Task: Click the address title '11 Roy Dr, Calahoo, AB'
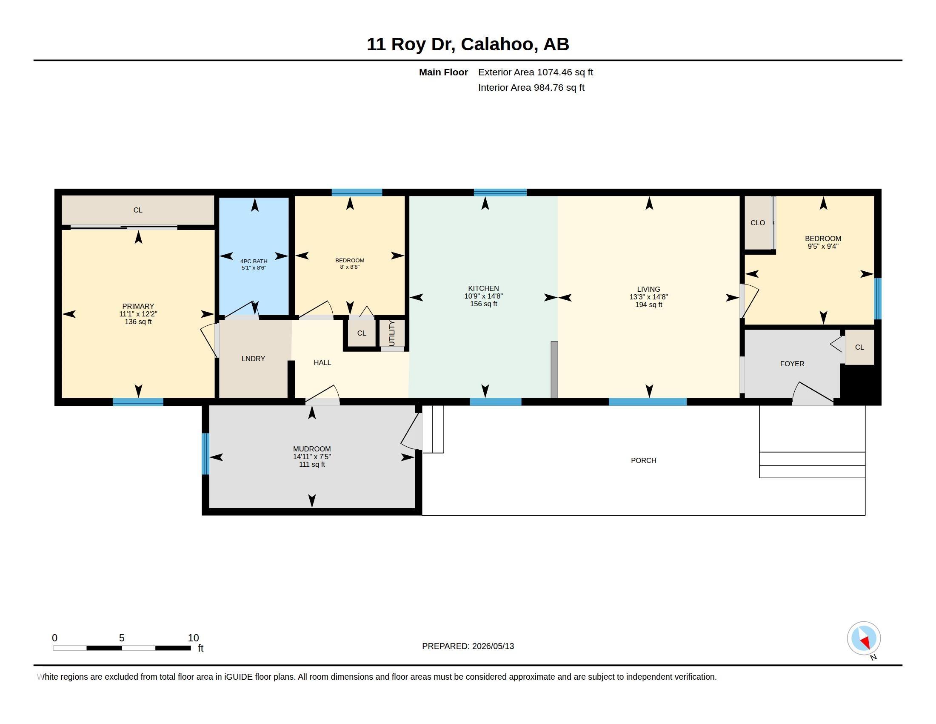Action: (468, 44)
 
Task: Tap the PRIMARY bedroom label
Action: (138, 306)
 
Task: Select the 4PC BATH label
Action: (254, 261)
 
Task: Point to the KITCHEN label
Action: (483, 289)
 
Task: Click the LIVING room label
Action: (648, 290)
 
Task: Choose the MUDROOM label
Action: (312, 449)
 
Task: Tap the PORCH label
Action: (643, 460)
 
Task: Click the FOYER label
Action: (792, 364)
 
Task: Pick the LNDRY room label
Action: (253, 359)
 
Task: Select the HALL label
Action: (322, 362)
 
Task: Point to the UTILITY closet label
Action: (392, 333)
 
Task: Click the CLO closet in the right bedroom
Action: (758, 223)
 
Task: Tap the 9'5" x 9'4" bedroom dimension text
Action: (823, 246)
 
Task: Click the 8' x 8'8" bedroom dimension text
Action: (350, 267)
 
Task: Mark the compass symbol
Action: (864, 638)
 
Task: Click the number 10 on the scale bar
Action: (193, 638)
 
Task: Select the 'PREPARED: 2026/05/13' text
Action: (468, 646)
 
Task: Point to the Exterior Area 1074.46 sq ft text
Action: (535, 72)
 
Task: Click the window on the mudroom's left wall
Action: (206, 454)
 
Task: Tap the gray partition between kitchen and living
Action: (554, 370)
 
